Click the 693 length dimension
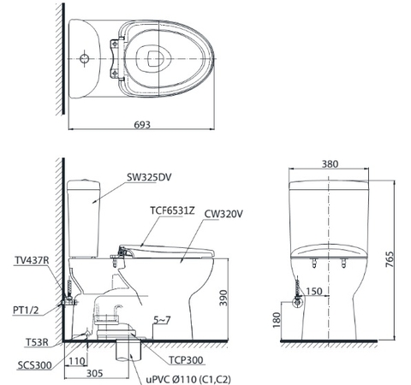tap(142, 124)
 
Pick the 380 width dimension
tap(331, 163)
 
